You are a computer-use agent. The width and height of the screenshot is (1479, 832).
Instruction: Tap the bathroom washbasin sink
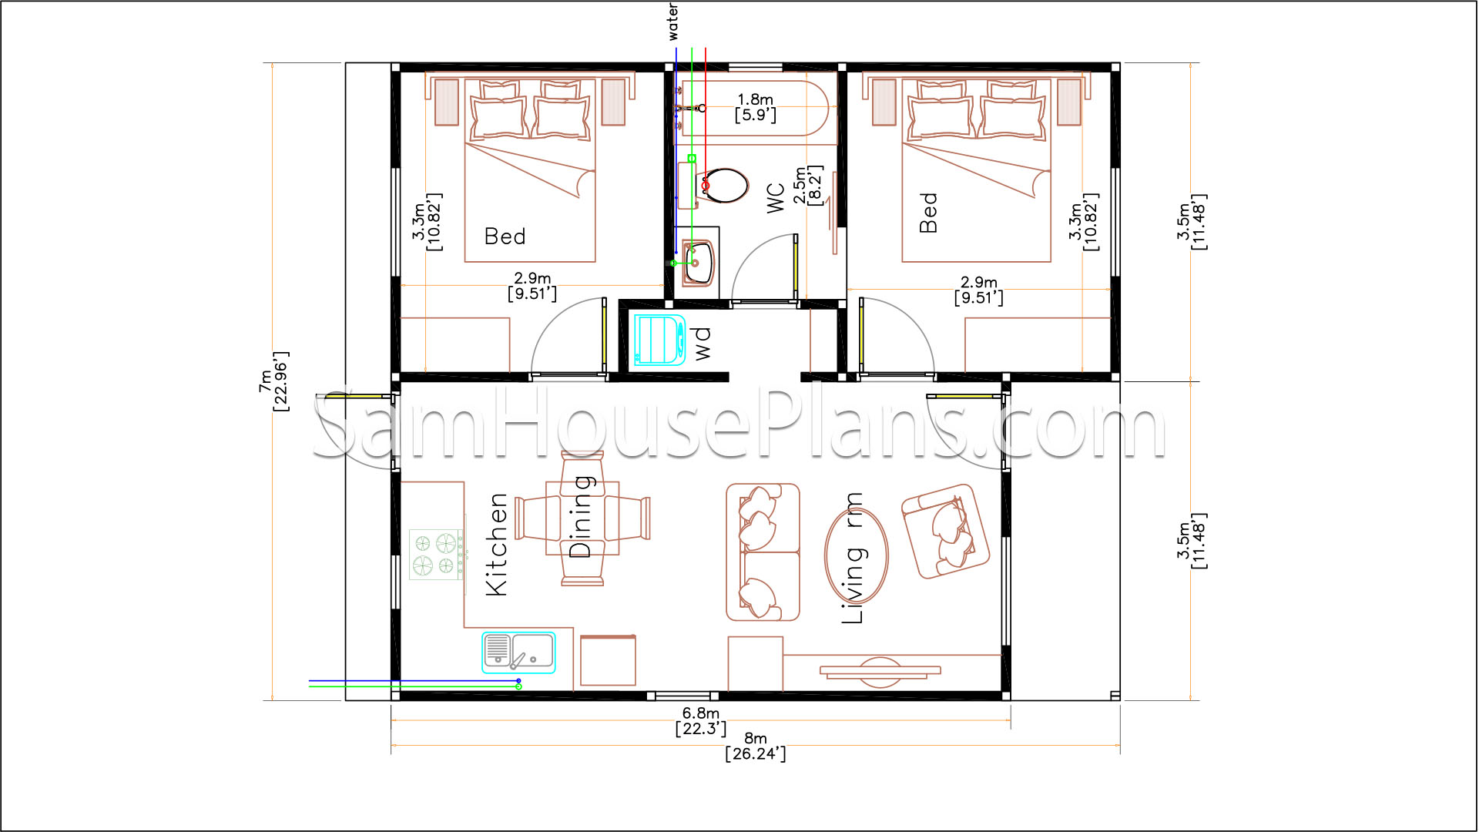click(699, 263)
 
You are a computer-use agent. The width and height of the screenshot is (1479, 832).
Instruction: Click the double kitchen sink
click(518, 653)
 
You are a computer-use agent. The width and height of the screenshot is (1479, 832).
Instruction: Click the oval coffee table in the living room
click(857, 555)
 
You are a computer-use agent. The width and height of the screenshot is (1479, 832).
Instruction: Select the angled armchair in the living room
click(945, 531)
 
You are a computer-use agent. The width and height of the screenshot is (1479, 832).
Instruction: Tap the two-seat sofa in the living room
click(763, 552)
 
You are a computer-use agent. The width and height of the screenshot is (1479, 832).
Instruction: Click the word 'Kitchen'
click(497, 544)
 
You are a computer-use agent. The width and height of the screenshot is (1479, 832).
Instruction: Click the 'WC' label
click(776, 198)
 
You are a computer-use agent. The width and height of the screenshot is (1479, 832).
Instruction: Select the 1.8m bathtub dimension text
click(755, 107)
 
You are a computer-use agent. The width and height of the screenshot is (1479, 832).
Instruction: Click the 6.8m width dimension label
click(701, 721)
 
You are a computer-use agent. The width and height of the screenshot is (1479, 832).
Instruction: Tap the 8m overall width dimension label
click(756, 746)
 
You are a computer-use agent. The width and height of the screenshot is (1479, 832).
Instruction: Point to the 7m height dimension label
click(273, 381)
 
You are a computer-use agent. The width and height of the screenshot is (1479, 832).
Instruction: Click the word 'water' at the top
click(672, 22)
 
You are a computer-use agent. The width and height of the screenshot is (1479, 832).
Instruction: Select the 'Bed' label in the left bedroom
click(505, 237)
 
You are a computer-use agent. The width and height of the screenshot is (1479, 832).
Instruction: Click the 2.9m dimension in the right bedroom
click(978, 290)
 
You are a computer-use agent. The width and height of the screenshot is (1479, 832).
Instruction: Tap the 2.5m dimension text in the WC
click(808, 185)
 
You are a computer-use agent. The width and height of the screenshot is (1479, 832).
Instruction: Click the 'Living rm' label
click(853, 558)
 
